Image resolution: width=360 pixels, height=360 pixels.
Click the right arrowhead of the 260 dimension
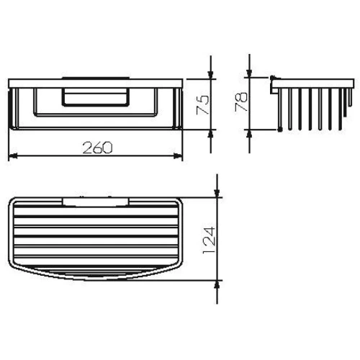pos(178,156)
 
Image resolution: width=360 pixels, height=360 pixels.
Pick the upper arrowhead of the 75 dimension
pos(211,75)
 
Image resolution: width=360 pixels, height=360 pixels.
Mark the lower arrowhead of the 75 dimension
pos(211,134)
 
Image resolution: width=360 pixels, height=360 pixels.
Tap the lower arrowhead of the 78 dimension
pos(248,134)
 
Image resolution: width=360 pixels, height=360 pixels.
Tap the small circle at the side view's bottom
pos(278,131)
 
